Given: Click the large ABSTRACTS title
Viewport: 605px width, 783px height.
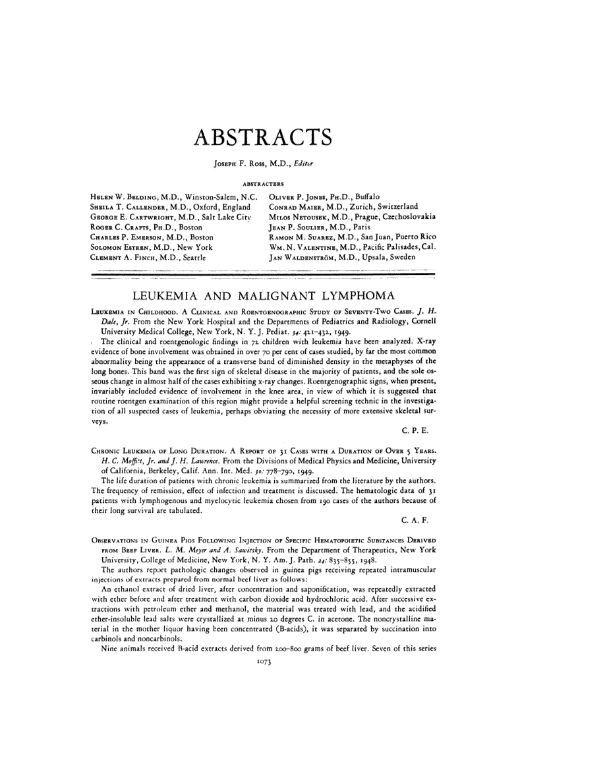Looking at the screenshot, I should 262,138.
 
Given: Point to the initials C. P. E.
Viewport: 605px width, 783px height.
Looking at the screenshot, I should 416,430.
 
